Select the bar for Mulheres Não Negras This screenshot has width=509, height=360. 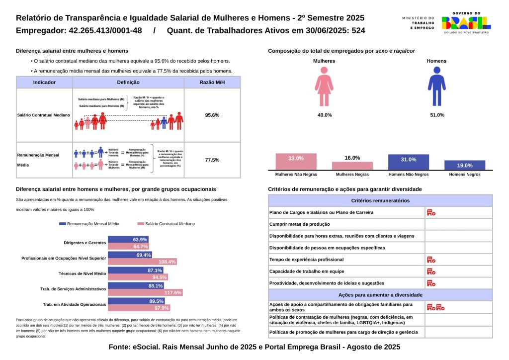point(296,162)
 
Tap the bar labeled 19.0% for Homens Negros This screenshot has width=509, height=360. point(465,165)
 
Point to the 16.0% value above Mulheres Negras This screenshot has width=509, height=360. point(352,158)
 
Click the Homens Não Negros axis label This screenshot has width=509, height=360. point(408,175)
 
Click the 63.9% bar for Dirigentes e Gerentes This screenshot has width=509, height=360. point(128,240)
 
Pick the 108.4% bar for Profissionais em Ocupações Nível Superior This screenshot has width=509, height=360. point(142,262)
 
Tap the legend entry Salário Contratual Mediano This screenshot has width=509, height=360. point(170,224)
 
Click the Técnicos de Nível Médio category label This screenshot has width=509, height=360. point(83,274)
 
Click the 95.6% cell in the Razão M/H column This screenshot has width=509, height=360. point(212,115)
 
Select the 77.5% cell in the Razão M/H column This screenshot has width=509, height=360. point(212,160)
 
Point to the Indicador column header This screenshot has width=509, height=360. point(44,83)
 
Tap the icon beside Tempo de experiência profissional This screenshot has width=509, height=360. point(431,260)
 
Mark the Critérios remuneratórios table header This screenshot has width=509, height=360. point(380,200)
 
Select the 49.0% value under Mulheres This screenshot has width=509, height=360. point(325,115)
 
